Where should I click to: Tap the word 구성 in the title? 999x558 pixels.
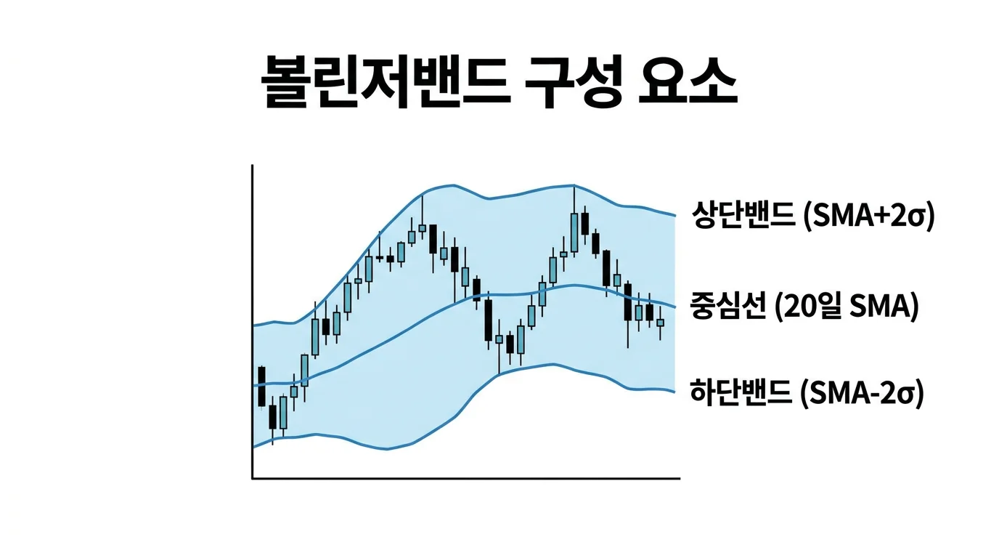574,81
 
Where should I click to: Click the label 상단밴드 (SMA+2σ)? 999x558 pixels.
812,217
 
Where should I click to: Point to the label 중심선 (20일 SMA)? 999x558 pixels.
804,307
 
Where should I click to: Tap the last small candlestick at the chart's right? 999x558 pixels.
660,323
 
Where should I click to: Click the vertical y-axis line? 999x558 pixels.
252,320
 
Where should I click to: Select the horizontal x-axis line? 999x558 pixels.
465,478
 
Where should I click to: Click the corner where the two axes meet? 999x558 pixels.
253,478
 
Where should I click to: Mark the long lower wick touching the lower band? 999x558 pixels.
499,360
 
